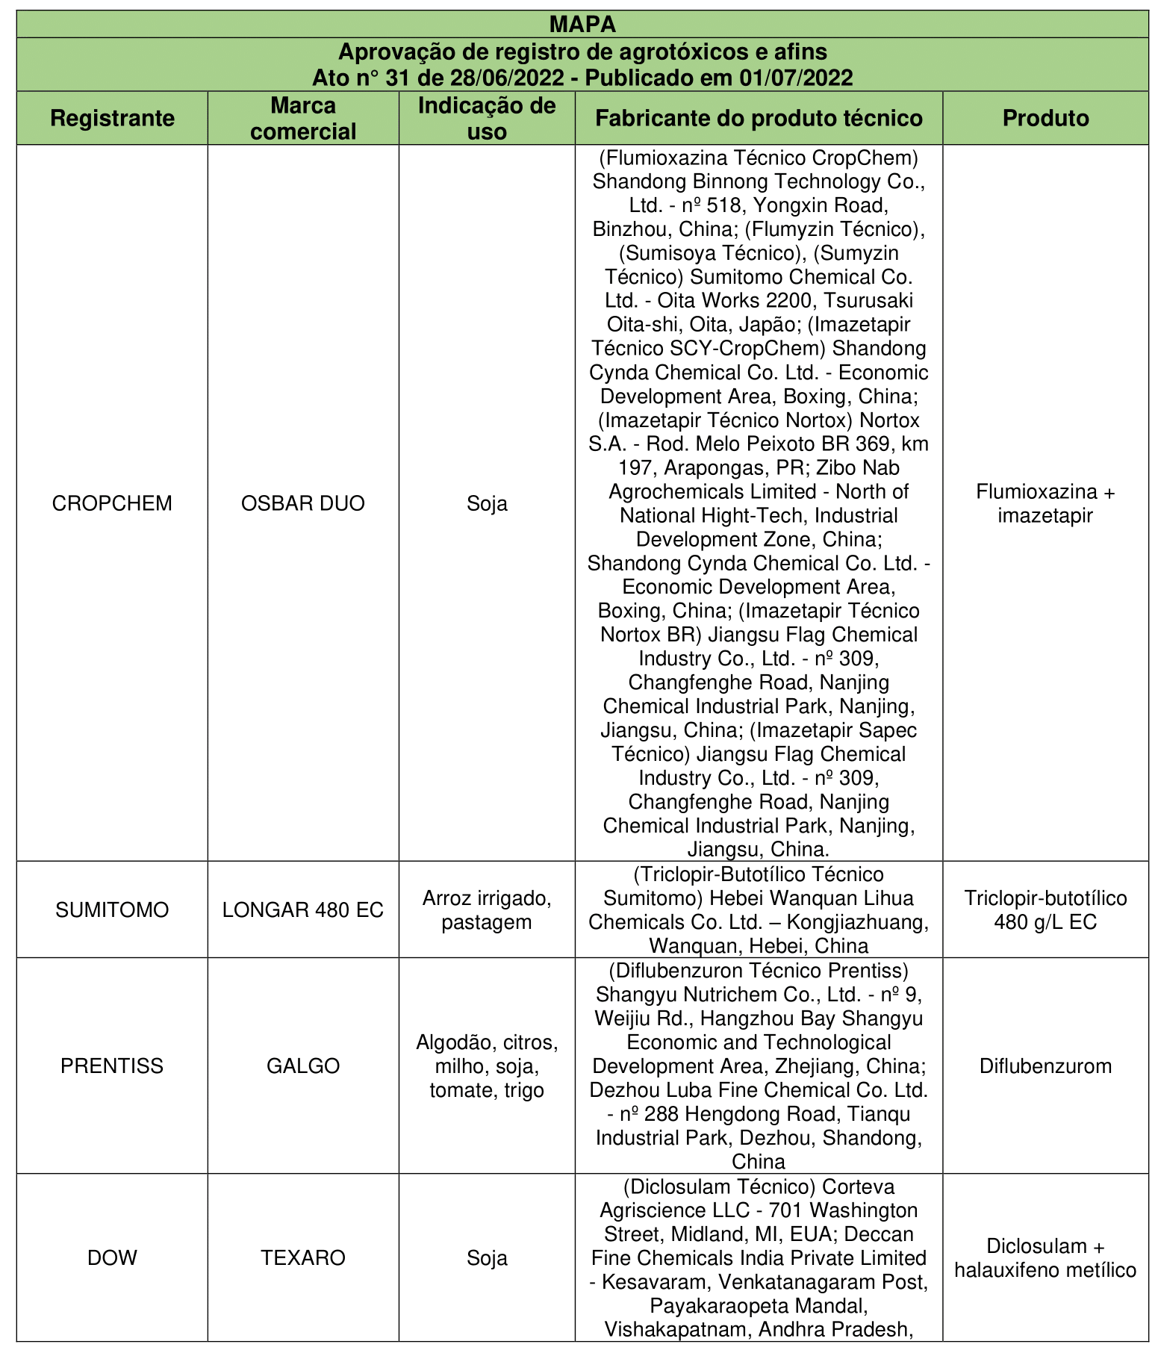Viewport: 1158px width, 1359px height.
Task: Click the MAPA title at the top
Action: [x=582, y=24]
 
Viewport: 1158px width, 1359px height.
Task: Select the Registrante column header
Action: [x=113, y=118]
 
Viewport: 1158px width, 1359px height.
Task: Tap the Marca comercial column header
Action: [x=303, y=118]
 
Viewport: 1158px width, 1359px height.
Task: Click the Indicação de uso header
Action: [x=487, y=118]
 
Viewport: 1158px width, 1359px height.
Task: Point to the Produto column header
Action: [x=1045, y=118]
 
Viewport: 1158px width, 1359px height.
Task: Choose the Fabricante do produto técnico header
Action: [x=759, y=118]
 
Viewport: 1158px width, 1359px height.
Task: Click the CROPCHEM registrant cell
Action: [x=112, y=503]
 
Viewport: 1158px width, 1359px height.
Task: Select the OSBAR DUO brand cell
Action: [x=303, y=503]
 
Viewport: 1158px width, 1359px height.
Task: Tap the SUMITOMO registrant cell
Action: [x=112, y=909]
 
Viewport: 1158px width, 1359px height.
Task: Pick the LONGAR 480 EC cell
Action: [x=303, y=909]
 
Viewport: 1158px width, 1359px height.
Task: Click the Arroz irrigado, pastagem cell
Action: [x=487, y=909]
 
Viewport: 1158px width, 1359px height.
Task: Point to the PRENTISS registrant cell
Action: [x=112, y=1066]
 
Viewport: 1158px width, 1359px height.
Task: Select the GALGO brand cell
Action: [x=303, y=1066]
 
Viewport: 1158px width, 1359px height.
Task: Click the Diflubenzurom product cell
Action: [x=1045, y=1066]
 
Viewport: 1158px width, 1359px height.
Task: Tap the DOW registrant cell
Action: [x=112, y=1258]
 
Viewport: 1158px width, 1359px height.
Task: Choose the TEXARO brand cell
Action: [x=303, y=1258]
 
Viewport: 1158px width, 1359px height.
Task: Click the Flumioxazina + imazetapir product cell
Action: [x=1045, y=503]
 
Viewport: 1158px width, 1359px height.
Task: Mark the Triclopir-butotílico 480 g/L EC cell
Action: [x=1045, y=909]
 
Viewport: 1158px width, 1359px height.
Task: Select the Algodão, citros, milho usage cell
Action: [x=487, y=1066]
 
